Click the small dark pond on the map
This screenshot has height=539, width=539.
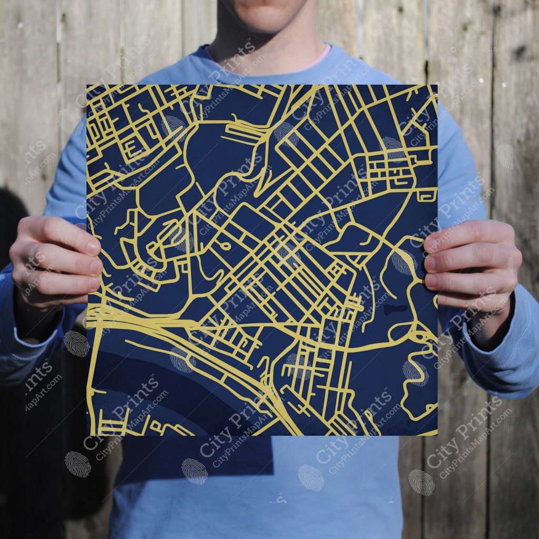pos(395,309)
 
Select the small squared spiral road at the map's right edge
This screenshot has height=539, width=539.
pos(427,195)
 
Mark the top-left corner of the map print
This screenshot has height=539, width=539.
pos(87,85)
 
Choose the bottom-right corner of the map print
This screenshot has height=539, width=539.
pos(437,435)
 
